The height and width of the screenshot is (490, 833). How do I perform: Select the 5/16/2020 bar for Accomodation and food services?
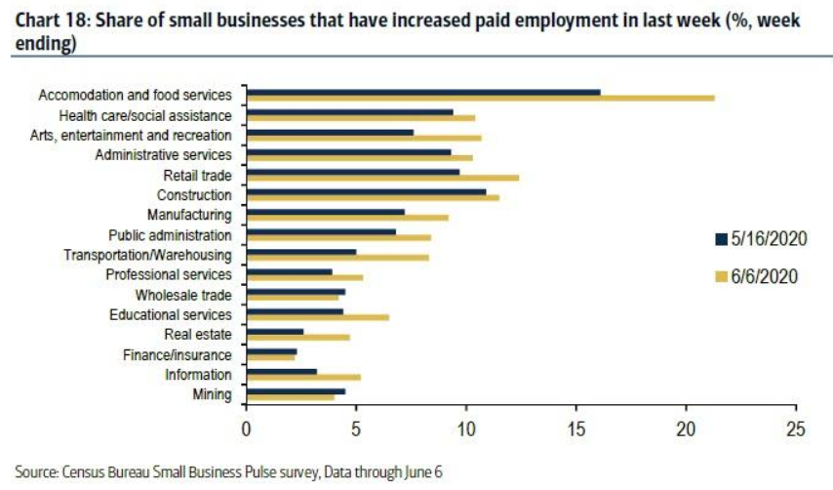(423, 92)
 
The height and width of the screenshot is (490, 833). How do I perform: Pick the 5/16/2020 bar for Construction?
(366, 191)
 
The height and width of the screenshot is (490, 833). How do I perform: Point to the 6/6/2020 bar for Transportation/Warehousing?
(337, 258)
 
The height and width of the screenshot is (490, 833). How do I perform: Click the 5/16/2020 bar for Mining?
(296, 391)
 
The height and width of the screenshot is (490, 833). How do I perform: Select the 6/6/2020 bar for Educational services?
(318, 317)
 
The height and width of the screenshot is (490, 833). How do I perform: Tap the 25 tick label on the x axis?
(796, 427)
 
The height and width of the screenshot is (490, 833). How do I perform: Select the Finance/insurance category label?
(177, 355)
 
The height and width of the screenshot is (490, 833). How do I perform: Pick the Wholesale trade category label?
(183, 295)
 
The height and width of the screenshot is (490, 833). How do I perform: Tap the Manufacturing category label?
(189, 215)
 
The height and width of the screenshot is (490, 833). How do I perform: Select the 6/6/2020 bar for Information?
(303, 377)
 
